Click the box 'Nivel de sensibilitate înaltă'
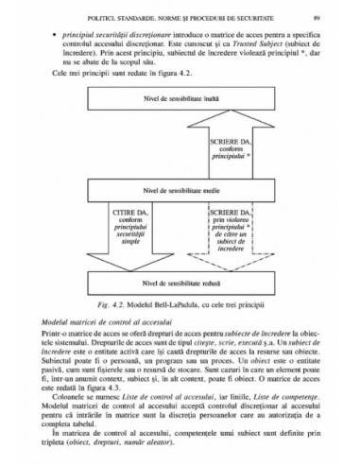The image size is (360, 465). [x=180, y=97]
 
